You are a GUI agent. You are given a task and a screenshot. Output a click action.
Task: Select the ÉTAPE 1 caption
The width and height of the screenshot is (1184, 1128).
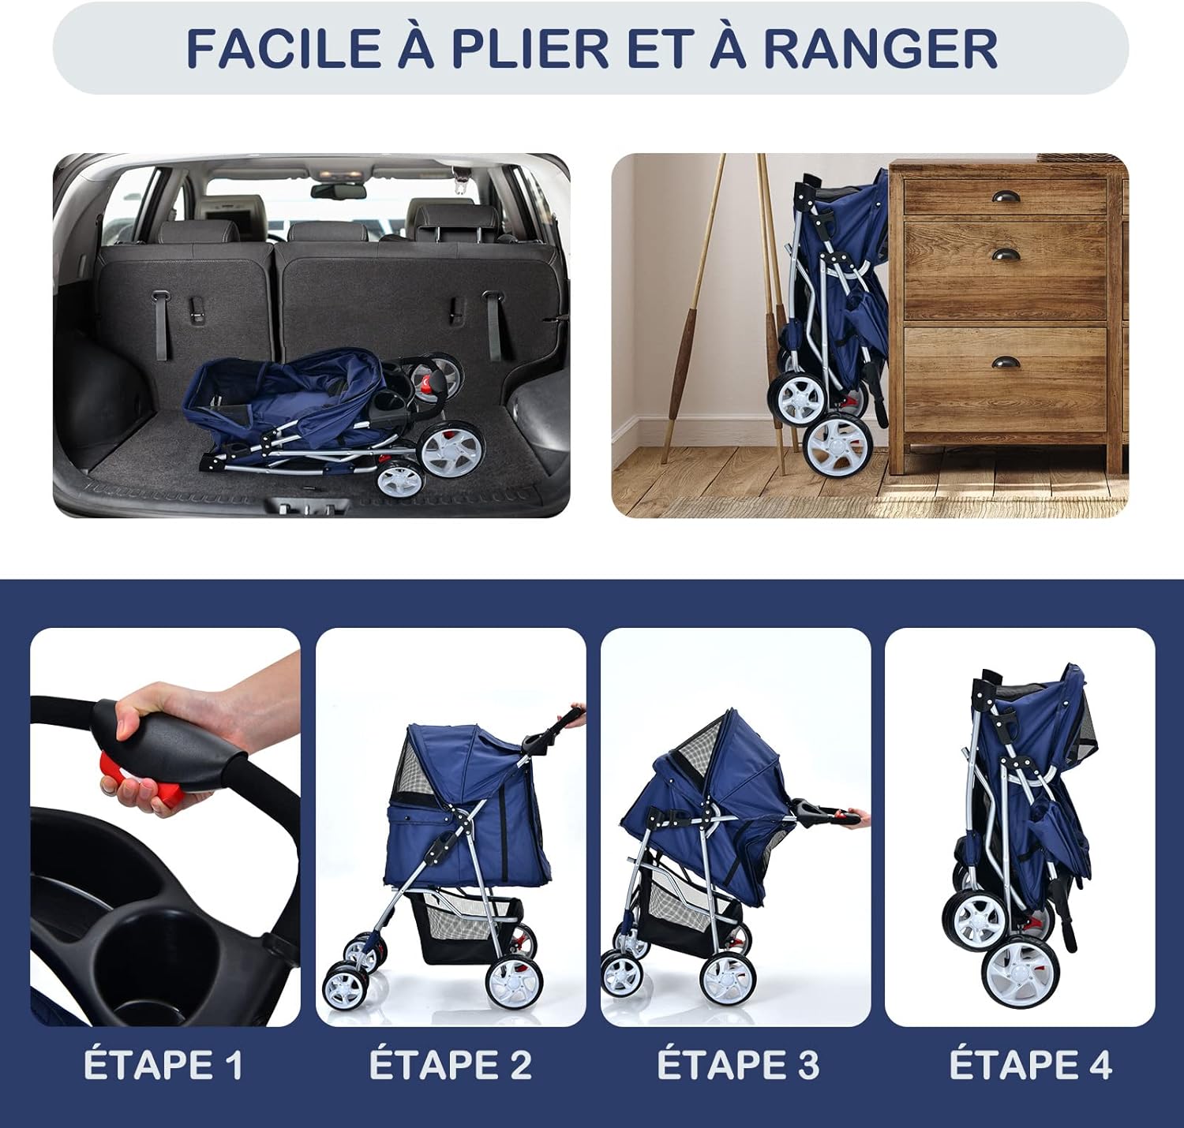point(163,1065)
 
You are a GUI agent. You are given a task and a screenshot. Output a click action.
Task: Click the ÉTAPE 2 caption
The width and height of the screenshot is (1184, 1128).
point(450,1065)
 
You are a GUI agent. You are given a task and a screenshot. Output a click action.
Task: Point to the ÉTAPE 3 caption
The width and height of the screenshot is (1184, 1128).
point(738,1065)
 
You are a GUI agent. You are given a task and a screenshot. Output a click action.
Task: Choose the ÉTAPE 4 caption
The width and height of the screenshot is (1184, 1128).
point(1030,1065)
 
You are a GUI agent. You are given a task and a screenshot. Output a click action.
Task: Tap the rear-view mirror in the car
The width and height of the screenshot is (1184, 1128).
point(338,191)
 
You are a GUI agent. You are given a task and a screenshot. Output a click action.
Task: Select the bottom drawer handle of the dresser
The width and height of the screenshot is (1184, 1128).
point(1006,364)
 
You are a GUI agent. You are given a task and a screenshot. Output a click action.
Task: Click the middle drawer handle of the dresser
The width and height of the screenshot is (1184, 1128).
point(1005,255)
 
